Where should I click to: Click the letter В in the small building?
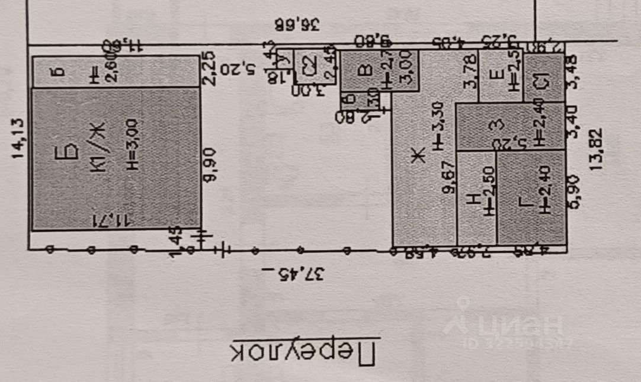[x=367, y=70]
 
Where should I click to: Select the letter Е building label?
[x=499, y=74]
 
